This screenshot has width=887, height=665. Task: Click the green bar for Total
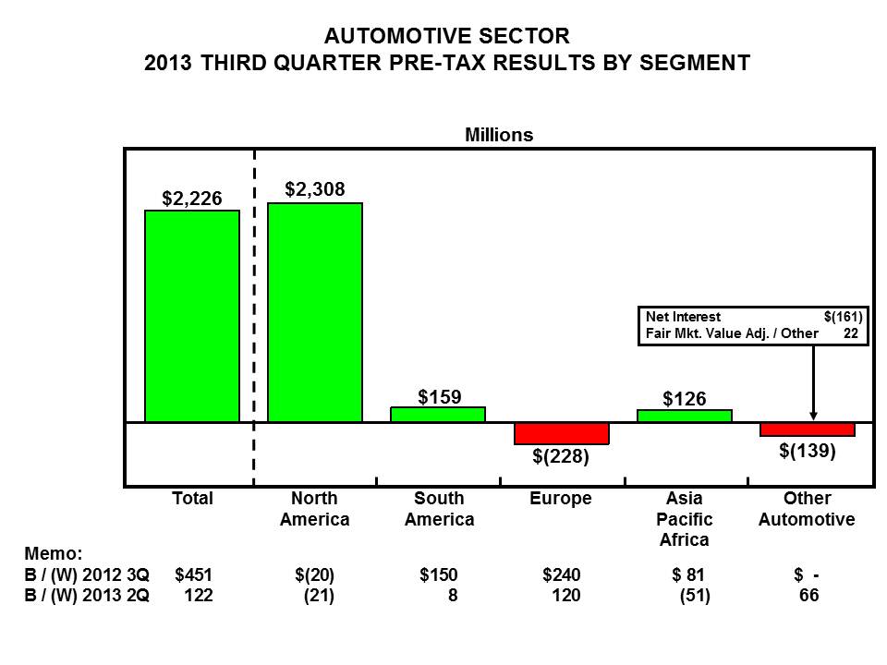pos(192,316)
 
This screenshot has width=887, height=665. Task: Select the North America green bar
pos(315,312)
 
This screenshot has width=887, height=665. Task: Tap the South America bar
pos(438,415)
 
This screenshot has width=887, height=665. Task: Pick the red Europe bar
pos(562,433)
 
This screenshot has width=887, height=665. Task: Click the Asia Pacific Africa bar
pos(685,416)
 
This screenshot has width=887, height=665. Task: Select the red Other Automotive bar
pos(808,429)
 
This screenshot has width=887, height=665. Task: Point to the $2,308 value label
pos(315,189)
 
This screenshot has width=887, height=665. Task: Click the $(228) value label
pos(561,456)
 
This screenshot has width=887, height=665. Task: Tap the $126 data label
pos(685,399)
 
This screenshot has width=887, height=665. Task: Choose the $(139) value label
pos(807,451)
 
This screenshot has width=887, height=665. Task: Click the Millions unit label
pos(499,135)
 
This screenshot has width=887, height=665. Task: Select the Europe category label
pos(561,499)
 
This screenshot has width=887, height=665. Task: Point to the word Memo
pos(53,554)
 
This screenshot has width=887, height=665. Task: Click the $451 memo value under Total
pos(194,575)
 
